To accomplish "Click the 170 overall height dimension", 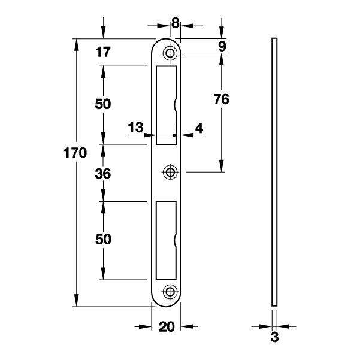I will click(x=75, y=152).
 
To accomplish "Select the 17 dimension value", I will click(x=103, y=53).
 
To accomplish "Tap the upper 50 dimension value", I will click(x=103, y=104).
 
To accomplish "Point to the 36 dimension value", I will click(x=103, y=174).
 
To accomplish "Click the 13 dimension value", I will click(x=135, y=128).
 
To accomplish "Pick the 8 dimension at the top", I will click(x=175, y=23).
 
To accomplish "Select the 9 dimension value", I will click(x=222, y=46).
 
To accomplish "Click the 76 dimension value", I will click(x=222, y=100).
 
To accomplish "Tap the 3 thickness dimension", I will click(x=274, y=337).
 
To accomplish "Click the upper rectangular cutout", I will click(x=165, y=105).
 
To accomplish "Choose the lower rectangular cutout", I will click(x=165, y=240).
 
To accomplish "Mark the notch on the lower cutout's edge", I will click(x=175, y=241).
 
